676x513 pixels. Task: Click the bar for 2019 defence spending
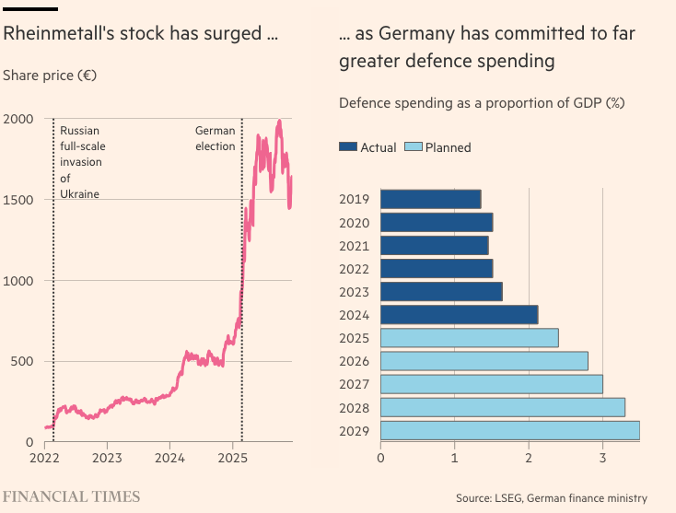point(430,199)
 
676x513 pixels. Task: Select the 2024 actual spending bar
point(459,315)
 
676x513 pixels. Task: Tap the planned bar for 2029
point(509,431)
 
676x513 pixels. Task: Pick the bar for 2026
point(484,361)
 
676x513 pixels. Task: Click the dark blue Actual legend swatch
point(348,147)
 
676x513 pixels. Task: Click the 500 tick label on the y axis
point(22,361)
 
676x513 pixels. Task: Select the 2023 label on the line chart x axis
point(107,457)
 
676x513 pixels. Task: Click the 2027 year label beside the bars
point(354,384)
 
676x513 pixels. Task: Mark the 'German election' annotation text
point(215,138)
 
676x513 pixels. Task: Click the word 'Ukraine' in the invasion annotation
point(79,193)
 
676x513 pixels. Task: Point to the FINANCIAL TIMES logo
point(72,496)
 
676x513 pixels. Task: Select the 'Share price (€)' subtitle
point(50,75)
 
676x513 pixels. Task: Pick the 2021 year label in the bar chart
point(354,245)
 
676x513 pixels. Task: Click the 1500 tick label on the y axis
point(18,200)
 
